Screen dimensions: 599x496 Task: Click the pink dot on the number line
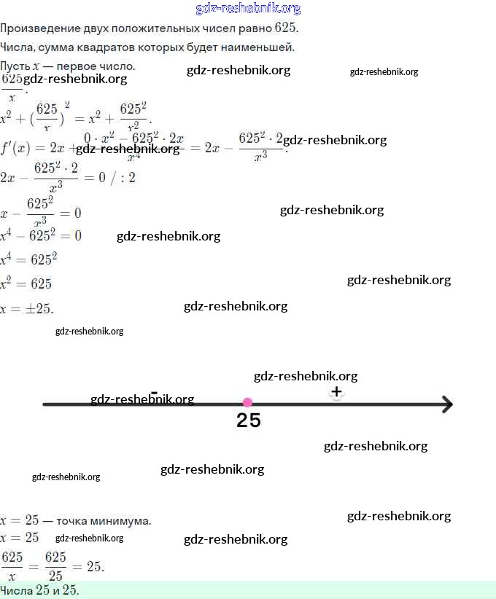coord(247,402)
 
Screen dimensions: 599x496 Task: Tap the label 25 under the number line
coord(249,421)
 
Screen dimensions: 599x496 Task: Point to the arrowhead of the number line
coord(446,404)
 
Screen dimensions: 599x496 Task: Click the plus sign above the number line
coord(336,392)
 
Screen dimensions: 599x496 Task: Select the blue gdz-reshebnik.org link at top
coord(248,9)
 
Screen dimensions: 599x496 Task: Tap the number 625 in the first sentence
coord(285,28)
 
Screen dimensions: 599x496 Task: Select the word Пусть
coord(15,66)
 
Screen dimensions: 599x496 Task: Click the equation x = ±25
coord(27,308)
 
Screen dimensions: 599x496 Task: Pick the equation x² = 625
coord(27,283)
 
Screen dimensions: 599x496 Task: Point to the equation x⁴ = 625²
coord(29,259)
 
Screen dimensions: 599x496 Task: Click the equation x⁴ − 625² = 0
coord(41,235)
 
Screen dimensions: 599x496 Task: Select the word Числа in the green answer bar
coord(17,590)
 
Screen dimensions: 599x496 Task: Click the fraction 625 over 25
coord(55,566)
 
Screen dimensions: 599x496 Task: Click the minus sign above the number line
coord(154,392)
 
